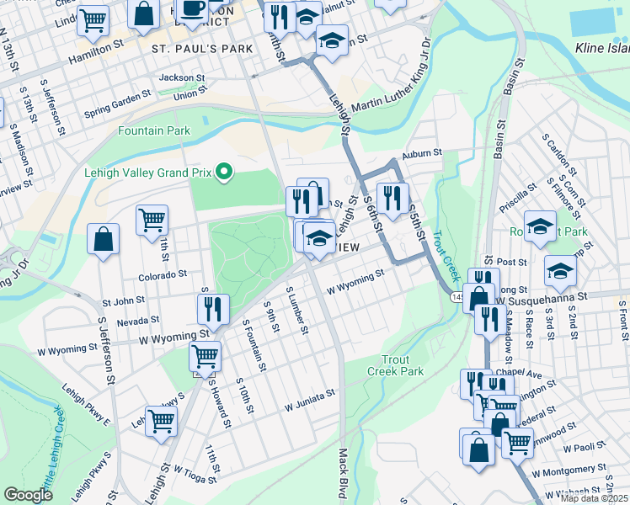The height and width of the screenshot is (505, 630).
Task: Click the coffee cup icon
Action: pyautogui.click(x=193, y=9)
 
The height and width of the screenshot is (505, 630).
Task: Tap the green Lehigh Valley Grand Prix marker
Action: pyautogui.click(x=223, y=173)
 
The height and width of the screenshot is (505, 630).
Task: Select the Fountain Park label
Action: pyautogui.click(x=154, y=130)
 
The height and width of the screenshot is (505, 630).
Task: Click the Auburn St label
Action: pyautogui.click(x=422, y=153)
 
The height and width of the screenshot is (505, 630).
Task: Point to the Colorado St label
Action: pyautogui.click(x=157, y=274)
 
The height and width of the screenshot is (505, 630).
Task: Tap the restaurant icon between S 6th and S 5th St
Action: pyautogui.click(x=392, y=199)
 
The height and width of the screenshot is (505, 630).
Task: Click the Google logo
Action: pyautogui.click(x=29, y=495)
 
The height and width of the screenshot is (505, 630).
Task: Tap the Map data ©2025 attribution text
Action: pyautogui.click(x=593, y=498)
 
